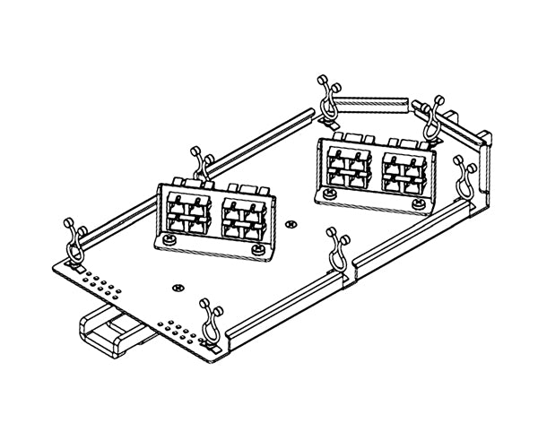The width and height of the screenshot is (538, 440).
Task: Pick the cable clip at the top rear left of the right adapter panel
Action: tap(328, 98)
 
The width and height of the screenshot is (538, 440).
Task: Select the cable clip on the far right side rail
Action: tap(465, 176)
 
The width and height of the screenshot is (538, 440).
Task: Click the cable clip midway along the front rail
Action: tap(338, 250)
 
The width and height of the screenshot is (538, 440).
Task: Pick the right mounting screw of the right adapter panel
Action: tap(418, 204)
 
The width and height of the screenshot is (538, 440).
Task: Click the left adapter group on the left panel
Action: tap(187, 214)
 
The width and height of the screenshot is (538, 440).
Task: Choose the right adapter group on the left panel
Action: tap(242, 219)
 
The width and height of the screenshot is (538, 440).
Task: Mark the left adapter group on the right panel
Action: tap(348, 168)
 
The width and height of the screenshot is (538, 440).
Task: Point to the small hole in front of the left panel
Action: tap(175, 287)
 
